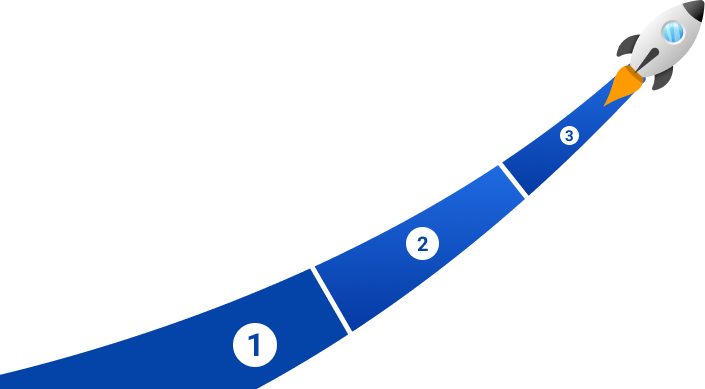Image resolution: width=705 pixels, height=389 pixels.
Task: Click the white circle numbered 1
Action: [255, 345]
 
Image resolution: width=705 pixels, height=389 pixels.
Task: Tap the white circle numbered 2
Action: [422, 244]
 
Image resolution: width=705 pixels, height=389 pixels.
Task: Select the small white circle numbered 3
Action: [569, 135]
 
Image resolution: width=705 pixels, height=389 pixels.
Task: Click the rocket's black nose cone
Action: [695, 10]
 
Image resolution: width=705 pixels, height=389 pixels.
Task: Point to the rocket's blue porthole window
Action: [673, 32]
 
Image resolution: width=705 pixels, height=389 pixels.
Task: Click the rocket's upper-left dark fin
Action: [627, 45]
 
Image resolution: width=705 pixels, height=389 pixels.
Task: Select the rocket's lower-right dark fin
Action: [662, 79]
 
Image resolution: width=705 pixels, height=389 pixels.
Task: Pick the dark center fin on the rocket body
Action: [647, 60]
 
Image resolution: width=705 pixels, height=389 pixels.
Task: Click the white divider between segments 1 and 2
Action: [330, 300]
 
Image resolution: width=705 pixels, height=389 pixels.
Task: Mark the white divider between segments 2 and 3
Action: [513, 181]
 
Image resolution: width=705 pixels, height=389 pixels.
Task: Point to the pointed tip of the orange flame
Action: [605, 105]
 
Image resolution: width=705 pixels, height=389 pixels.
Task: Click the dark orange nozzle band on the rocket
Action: [635, 73]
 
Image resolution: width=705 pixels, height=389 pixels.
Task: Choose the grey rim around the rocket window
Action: [673, 22]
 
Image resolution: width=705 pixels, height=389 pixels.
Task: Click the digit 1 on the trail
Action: [254, 345]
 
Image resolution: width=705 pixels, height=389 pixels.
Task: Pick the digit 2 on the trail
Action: [422, 244]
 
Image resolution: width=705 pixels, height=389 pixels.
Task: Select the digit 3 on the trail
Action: [569, 136]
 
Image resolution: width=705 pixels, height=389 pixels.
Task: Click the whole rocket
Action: [654, 53]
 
